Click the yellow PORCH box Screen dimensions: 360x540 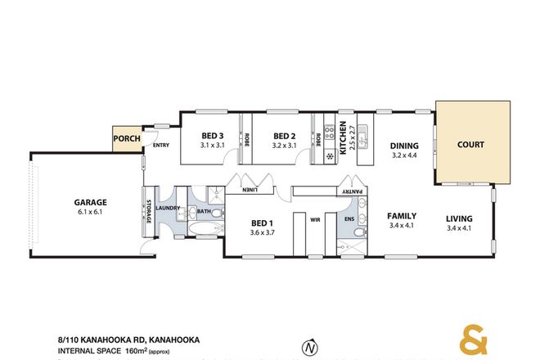click(127, 139)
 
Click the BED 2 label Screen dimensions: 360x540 click(283, 136)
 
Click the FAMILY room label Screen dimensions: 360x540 click(403, 217)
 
